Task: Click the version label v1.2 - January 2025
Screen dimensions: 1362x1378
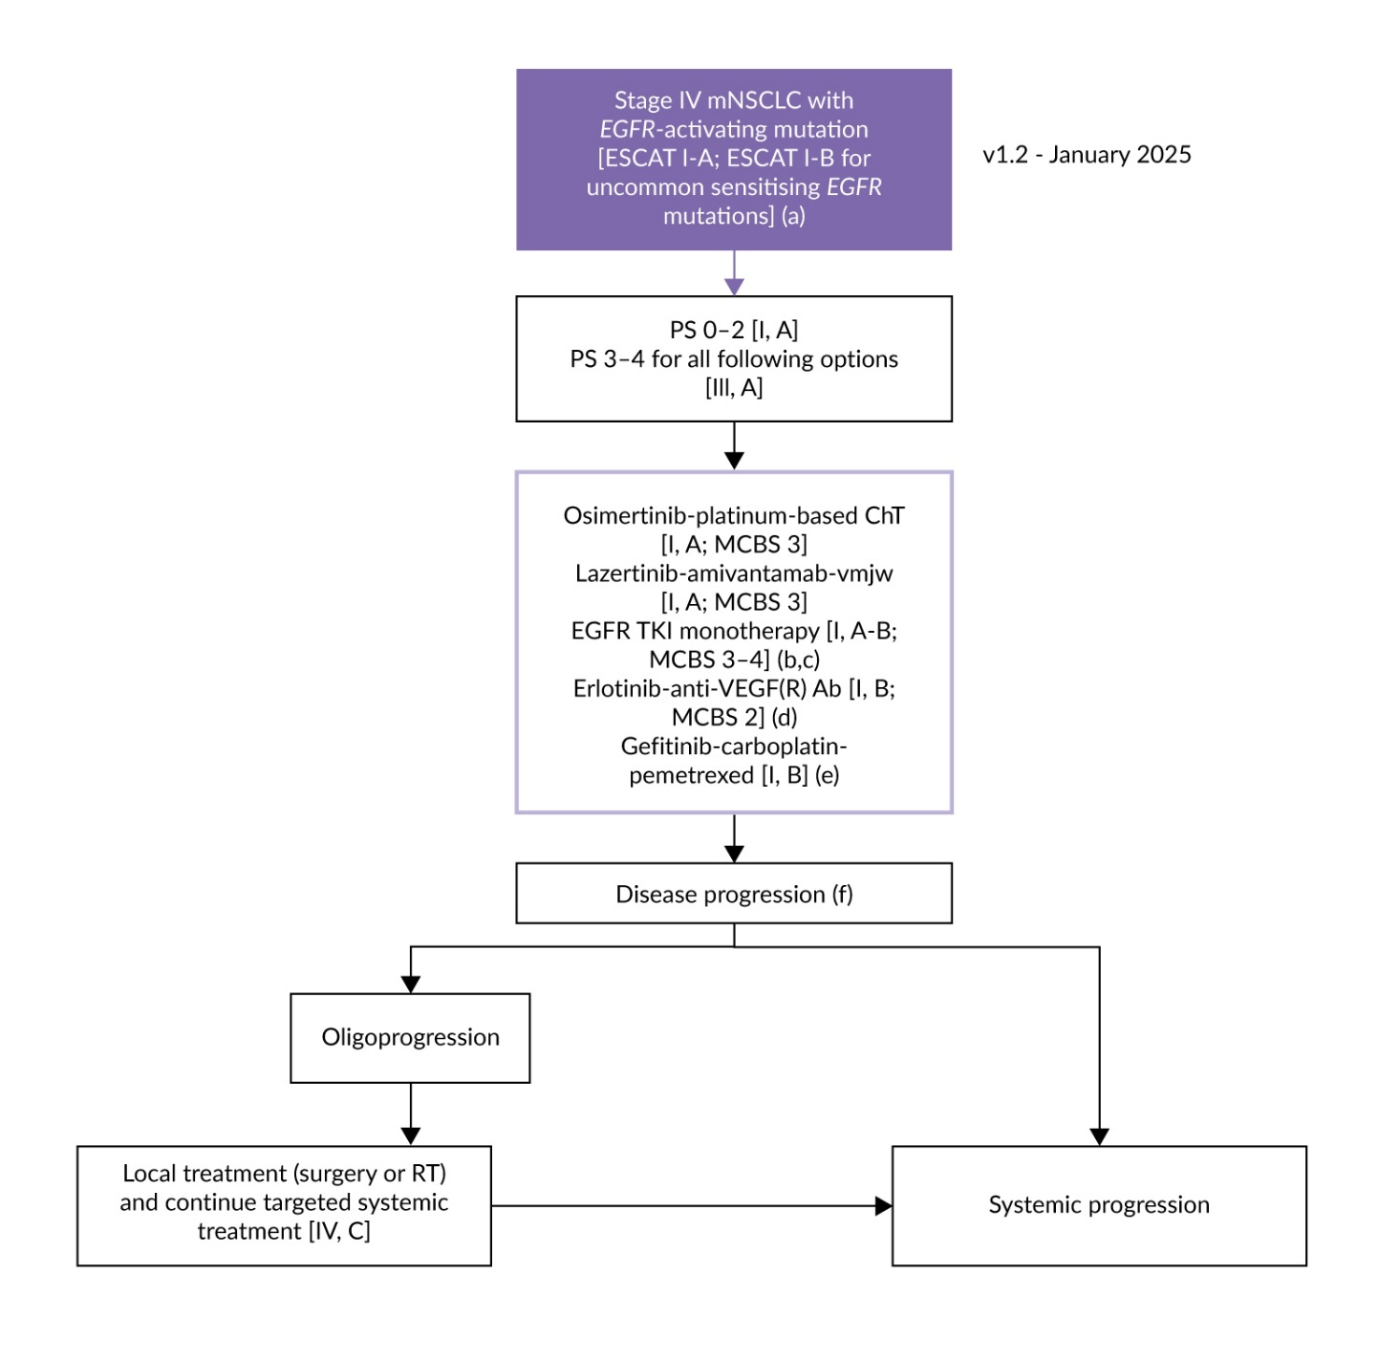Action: [1087, 155]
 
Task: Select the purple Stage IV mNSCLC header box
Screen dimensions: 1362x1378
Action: [733, 159]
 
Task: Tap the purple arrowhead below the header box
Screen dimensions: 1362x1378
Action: [734, 286]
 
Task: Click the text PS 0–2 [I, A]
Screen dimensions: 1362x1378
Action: [733, 330]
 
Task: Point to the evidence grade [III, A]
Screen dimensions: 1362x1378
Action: [733, 388]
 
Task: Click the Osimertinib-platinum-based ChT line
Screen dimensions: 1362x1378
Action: [733, 516]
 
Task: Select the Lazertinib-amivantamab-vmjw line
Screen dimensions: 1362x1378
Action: [733, 573]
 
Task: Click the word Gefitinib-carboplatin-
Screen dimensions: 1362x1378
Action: [733, 746]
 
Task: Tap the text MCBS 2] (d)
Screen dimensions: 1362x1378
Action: [733, 718]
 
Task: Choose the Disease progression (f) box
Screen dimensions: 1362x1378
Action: [733, 894]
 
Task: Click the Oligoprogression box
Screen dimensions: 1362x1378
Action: [410, 1038]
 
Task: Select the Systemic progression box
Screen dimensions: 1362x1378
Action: [1099, 1205]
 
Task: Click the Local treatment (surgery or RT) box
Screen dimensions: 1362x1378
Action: [284, 1205]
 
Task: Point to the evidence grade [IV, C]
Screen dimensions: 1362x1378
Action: [338, 1232]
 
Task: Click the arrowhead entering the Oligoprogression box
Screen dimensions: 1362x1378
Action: [411, 984]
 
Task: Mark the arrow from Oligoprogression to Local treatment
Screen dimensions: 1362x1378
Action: [411, 1114]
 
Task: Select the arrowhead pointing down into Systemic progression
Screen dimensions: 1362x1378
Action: [1099, 1136]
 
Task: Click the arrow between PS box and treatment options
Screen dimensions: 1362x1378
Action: [734, 446]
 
